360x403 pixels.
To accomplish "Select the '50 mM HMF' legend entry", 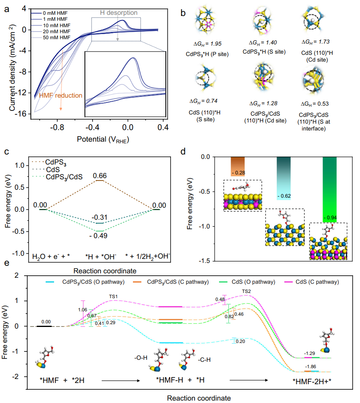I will coord(56,38).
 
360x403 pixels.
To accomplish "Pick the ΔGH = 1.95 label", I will coord(210,43).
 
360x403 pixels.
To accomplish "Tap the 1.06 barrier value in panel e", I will coord(83,309).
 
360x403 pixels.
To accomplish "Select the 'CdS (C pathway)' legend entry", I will coord(320,282).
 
